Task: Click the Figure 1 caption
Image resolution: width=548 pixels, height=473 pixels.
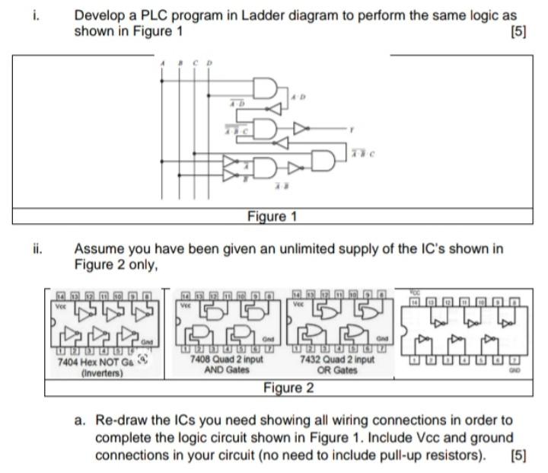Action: tap(272, 216)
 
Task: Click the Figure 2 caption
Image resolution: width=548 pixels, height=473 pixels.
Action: tap(288, 388)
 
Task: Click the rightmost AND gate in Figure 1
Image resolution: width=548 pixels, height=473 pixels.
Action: tap(324, 159)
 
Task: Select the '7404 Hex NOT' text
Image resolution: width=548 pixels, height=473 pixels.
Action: tap(88, 363)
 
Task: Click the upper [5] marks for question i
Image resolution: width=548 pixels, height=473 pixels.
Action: tap(519, 31)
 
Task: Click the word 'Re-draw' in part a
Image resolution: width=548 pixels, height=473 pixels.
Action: tap(119, 420)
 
